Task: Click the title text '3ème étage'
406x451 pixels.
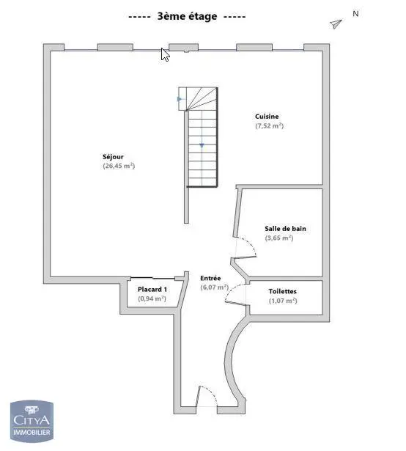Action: [x=187, y=16]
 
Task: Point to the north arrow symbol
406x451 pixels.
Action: [x=336, y=24]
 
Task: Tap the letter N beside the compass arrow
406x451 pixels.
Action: [x=355, y=13]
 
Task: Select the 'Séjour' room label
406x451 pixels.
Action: [x=113, y=156]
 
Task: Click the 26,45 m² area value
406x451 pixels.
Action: [x=119, y=166]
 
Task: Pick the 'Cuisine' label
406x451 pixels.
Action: [x=267, y=117]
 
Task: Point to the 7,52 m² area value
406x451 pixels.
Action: [x=269, y=126]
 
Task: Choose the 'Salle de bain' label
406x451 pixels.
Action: [x=285, y=229]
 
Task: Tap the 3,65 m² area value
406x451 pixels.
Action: [x=279, y=238]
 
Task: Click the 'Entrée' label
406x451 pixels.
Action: [x=210, y=278]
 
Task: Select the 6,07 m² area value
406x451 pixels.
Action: [x=214, y=287]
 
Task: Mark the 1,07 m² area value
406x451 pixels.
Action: [x=282, y=301]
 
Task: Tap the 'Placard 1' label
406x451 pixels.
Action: [x=152, y=290]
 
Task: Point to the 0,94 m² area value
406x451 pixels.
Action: [x=152, y=299]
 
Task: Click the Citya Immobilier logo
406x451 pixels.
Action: [x=31, y=422]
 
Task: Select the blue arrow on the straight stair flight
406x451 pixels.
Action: [x=202, y=145]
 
